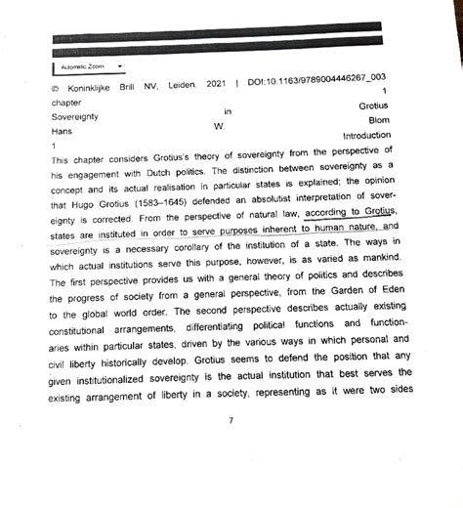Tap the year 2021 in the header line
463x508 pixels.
pyautogui.click(x=217, y=86)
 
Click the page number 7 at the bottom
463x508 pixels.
pyautogui.click(x=231, y=421)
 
